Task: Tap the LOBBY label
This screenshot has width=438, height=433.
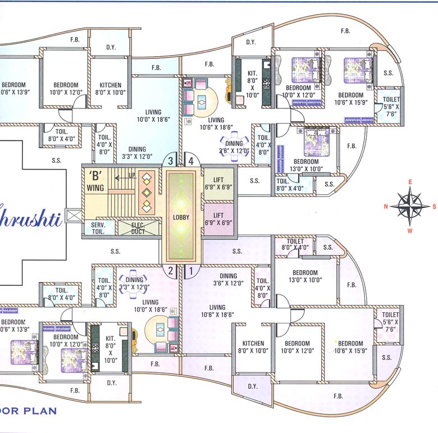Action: [x=181, y=217]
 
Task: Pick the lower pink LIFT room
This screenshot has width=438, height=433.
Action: [x=218, y=218]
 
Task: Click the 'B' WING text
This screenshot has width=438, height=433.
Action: [x=95, y=179]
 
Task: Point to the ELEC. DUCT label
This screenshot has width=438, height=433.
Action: [x=138, y=227]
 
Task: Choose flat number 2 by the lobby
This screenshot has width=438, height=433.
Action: [x=172, y=271]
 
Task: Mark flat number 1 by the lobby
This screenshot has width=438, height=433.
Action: [x=191, y=271]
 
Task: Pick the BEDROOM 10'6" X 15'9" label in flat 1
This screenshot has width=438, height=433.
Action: [x=350, y=347]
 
